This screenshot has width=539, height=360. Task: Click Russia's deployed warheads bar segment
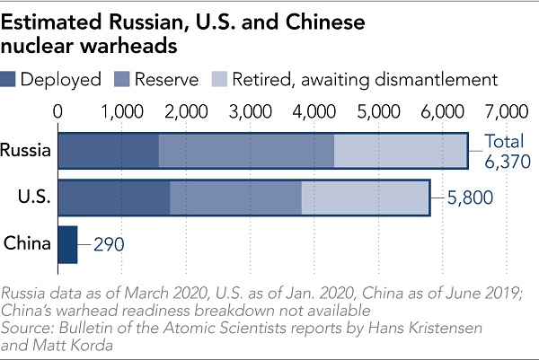[x=108, y=151]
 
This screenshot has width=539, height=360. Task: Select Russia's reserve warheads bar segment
[x=246, y=151]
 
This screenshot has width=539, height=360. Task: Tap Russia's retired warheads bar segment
[x=401, y=151]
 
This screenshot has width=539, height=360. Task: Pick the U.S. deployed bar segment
[x=114, y=198]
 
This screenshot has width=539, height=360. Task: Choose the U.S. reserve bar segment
[x=235, y=198]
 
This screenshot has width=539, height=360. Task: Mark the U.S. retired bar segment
[x=365, y=198]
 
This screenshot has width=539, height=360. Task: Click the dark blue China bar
[x=67, y=244]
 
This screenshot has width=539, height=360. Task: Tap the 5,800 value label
[x=465, y=198]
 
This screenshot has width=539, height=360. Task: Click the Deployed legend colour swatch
[x=10, y=80]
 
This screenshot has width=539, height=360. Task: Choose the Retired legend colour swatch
[x=219, y=80]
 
